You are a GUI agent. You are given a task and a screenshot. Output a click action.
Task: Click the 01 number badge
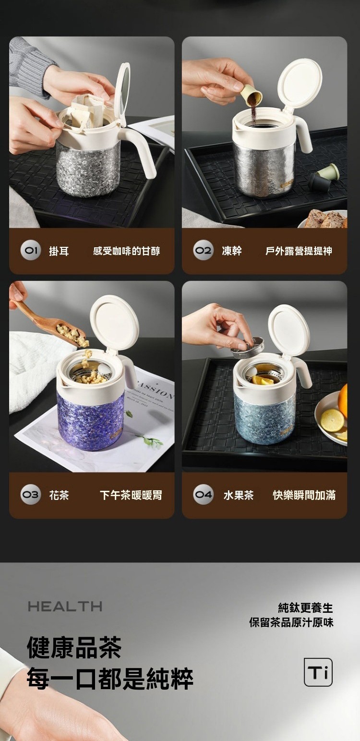(30, 251)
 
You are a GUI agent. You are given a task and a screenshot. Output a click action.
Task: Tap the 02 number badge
(203, 251)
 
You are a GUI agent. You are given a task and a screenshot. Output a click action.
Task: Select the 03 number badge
(30, 495)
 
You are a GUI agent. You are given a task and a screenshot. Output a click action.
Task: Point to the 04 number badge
(203, 495)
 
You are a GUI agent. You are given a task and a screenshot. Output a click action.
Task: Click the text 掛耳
(59, 251)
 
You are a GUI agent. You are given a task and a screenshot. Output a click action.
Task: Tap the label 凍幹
(232, 251)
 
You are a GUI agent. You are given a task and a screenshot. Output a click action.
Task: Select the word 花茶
(59, 495)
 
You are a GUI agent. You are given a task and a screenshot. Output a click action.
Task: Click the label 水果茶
(239, 495)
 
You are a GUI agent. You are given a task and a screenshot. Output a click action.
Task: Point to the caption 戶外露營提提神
(299, 251)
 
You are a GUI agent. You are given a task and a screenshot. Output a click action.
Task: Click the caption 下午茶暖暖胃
(131, 495)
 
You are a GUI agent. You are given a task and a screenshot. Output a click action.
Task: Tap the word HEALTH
(65, 607)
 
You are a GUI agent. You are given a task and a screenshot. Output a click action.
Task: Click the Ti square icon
(318, 672)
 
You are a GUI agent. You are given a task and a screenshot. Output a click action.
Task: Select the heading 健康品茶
(74, 648)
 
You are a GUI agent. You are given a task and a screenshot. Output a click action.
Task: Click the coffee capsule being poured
(252, 96)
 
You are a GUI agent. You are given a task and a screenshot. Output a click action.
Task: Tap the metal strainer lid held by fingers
(247, 347)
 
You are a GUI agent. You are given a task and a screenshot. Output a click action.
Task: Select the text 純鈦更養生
(305, 607)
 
